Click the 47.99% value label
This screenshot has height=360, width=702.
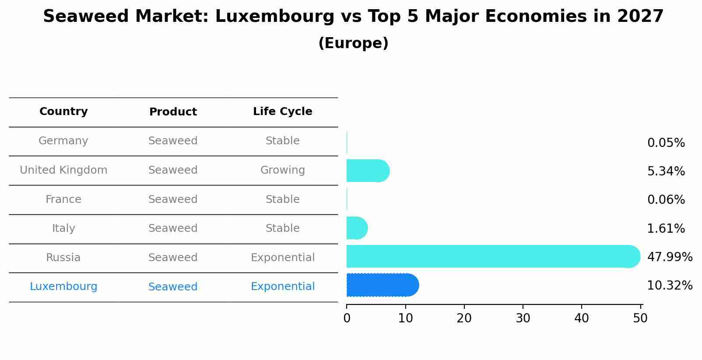pyautogui.click(x=669, y=257)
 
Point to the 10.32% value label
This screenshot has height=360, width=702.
pyautogui.click(x=669, y=286)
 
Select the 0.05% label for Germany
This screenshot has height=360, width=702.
pyautogui.click(x=666, y=143)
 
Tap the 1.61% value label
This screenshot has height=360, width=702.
pyautogui.click(x=666, y=229)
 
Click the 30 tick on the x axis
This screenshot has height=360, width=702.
pyautogui.click(x=523, y=318)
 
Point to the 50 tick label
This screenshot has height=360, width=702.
pyautogui.click(x=640, y=318)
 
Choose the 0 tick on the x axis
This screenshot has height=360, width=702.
pyautogui.click(x=347, y=318)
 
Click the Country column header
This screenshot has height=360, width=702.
pyautogui.click(x=63, y=112)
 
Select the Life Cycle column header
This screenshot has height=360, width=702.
pyautogui.click(x=282, y=112)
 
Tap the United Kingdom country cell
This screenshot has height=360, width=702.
pyautogui.click(x=63, y=170)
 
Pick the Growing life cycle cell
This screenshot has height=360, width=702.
pyautogui.click(x=282, y=170)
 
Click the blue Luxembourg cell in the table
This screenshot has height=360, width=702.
pyautogui.click(x=63, y=287)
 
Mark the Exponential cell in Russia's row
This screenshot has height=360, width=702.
pyautogui.click(x=282, y=258)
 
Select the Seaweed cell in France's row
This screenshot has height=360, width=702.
pyautogui.click(x=173, y=199)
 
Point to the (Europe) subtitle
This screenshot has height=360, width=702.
pyautogui.click(x=353, y=43)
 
